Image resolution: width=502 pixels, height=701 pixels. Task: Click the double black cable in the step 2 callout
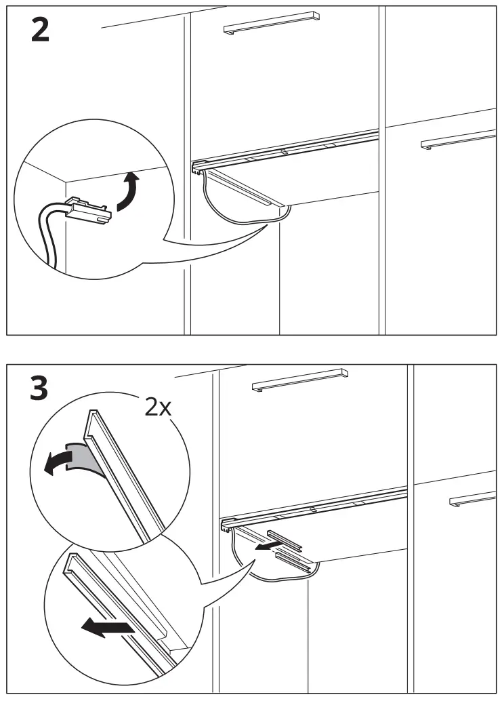pos(49,231)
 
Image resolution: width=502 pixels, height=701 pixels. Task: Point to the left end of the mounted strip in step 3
pos(226,523)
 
